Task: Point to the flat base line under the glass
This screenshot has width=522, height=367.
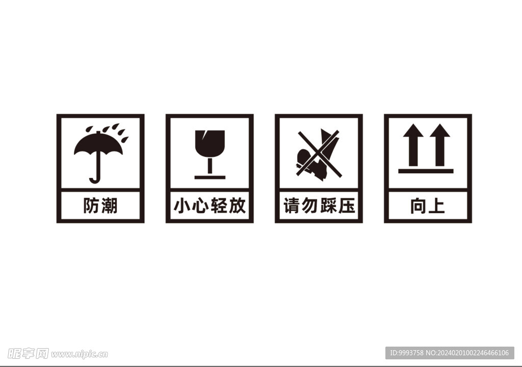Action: click(x=210, y=177)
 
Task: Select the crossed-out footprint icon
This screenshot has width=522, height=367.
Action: click(x=318, y=154)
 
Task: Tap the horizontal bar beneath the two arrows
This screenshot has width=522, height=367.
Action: click(x=426, y=171)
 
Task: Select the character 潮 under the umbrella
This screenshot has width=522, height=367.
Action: click(x=109, y=206)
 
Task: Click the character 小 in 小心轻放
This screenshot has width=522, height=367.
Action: click(x=182, y=206)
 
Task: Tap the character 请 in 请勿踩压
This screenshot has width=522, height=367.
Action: click(x=291, y=206)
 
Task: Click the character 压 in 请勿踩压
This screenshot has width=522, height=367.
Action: click(x=347, y=206)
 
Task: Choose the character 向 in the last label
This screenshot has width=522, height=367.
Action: click(x=418, y=206)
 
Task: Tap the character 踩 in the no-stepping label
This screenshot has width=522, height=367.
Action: click(x=328, y=206)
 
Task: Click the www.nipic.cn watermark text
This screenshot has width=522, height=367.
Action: click(x=80, y=354)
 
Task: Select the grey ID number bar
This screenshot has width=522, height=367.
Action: click(x=449, y=353)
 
